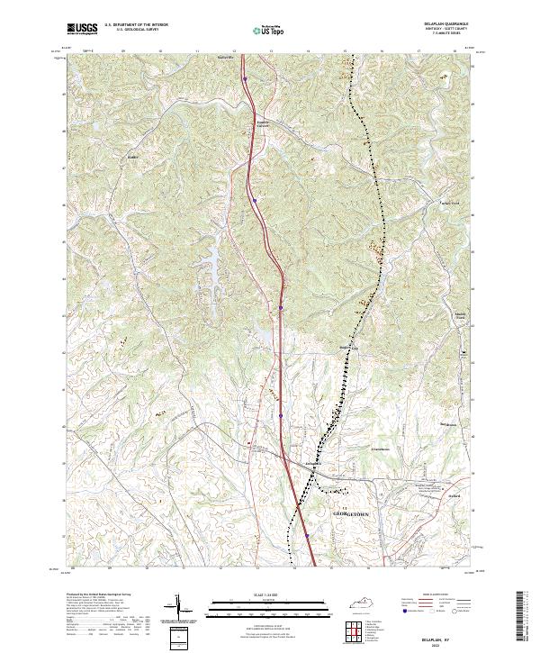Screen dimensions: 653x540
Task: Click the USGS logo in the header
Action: [82, 30]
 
